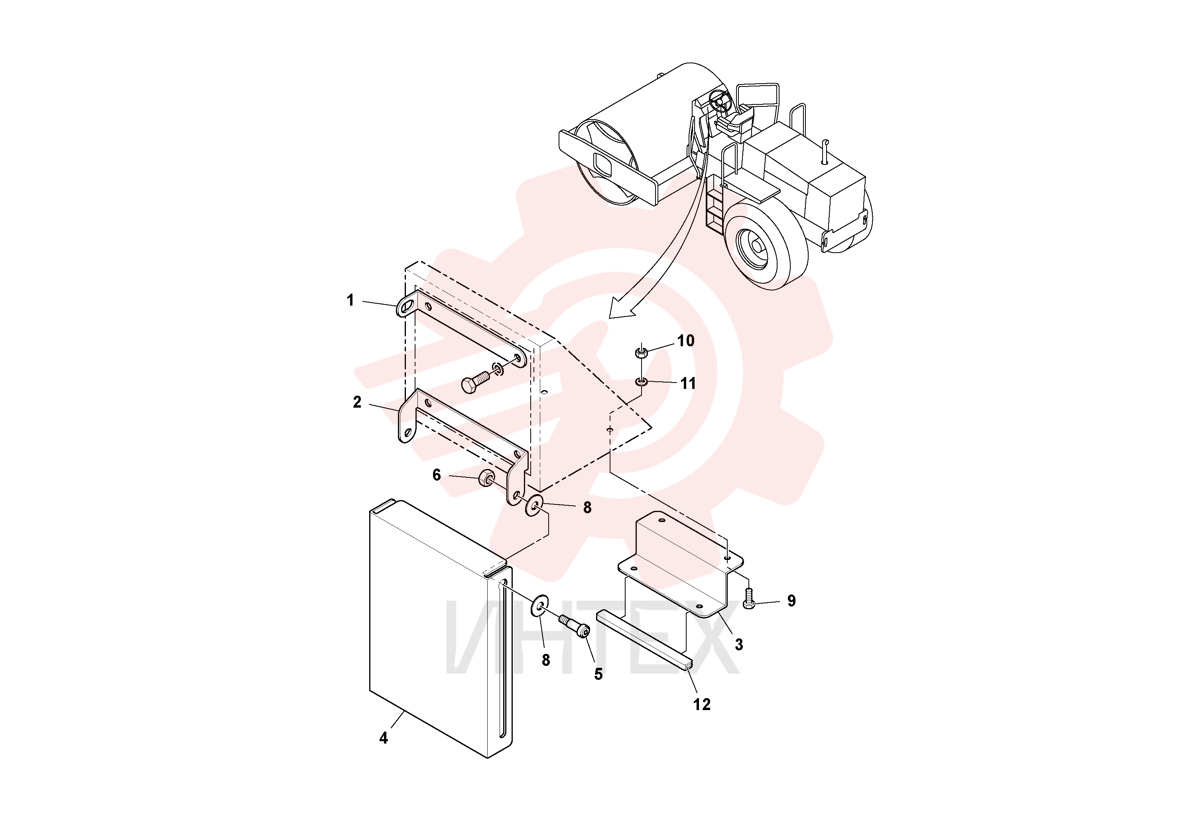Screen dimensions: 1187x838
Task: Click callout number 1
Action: click(350, 300)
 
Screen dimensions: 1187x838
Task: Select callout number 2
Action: click(357, 402)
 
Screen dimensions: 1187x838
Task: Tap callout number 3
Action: click(739, 644)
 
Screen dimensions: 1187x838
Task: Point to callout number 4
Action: click(384, 738)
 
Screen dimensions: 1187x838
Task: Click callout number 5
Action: click(598, 674)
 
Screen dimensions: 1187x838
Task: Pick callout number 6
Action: click(437, 475)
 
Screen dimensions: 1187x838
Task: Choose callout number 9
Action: click(791, 601)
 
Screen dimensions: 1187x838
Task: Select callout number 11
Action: click(687, 383)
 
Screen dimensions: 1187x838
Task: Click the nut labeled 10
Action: click(641, 353)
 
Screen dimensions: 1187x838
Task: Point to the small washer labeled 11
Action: click(642, 382)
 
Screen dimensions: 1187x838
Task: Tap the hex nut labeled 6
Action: click(487, 477)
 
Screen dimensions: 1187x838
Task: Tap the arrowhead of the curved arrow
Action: click(620, 310)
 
